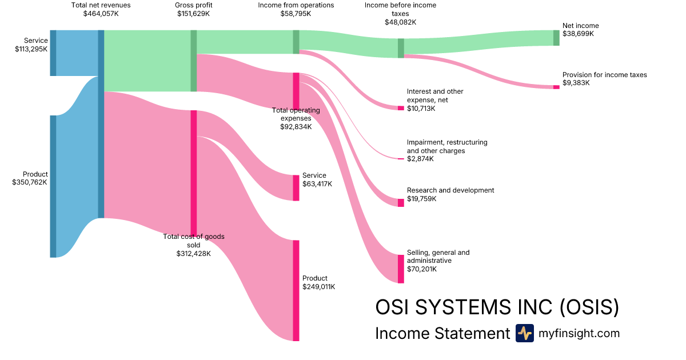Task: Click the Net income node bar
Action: click(556, 38)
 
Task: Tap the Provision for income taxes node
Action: click(556, 87)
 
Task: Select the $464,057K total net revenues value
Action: click(101, 14)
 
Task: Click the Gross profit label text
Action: click(193, 5)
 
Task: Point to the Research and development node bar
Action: click(401, 203)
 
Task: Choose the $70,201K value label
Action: click(421, 269)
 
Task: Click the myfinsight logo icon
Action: click(524, 333)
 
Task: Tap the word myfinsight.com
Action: click(579, 334)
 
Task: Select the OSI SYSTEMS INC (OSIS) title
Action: click(497, 307)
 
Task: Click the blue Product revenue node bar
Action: click(53, 186)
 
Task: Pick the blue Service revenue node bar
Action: click(53, 53)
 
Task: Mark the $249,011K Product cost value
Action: click(318, 287)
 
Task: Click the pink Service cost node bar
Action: click(296, 188)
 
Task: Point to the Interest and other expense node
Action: click(401, 108)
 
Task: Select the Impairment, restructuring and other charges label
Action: click(447, 146)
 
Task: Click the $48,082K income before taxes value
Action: click(400, 22)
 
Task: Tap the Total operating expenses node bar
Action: click(296, 91)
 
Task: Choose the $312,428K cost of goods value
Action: click(194, 253)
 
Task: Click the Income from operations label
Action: click(296, 5)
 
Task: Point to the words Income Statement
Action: click(442, 334)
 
